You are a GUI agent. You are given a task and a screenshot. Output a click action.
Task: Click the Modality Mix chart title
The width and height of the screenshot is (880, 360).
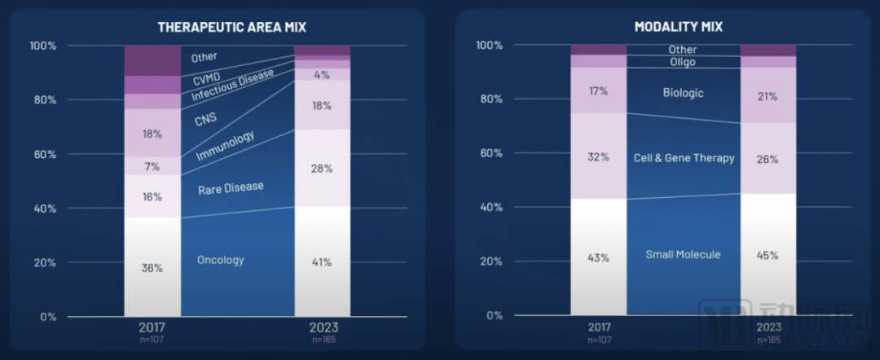678,27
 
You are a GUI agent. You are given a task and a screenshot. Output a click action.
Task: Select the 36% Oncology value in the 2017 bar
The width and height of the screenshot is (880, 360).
152,268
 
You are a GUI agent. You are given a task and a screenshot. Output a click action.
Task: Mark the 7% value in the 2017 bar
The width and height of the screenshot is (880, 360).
152,166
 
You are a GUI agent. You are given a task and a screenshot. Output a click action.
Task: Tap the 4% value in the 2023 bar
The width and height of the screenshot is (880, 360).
322,75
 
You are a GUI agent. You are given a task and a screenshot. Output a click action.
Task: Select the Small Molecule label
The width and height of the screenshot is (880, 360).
683,255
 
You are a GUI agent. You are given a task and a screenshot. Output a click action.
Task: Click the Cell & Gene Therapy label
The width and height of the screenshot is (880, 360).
684,157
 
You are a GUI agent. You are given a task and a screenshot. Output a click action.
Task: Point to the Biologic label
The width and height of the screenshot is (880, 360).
683,93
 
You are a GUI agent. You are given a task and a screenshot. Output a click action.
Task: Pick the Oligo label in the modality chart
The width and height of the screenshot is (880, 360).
683,62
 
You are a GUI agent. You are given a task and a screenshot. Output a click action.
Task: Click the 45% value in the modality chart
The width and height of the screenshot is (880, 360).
768,255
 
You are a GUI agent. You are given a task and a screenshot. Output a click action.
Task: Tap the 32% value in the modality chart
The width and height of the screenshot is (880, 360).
599,157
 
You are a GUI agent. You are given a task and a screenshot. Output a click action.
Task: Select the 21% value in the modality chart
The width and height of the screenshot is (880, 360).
768,97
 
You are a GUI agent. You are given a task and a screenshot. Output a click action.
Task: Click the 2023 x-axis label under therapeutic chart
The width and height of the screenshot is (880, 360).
322,327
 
